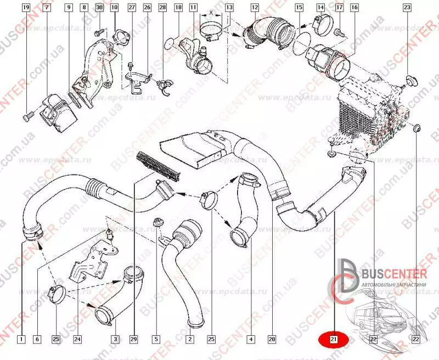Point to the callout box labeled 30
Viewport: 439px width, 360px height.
click(x=99, y=8)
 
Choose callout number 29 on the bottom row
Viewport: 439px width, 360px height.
click(x=133, y=340)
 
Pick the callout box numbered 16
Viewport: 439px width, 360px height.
click(x=354, y=8)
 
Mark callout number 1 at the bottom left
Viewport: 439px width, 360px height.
click(x=21, y=340)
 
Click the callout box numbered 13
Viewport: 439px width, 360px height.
click(x=229, y=8)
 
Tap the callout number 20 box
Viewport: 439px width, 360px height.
click(x=271, y=340)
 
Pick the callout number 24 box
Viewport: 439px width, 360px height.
click(x=77, y=340)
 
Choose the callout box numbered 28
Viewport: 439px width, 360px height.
click(x=162, y=8)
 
